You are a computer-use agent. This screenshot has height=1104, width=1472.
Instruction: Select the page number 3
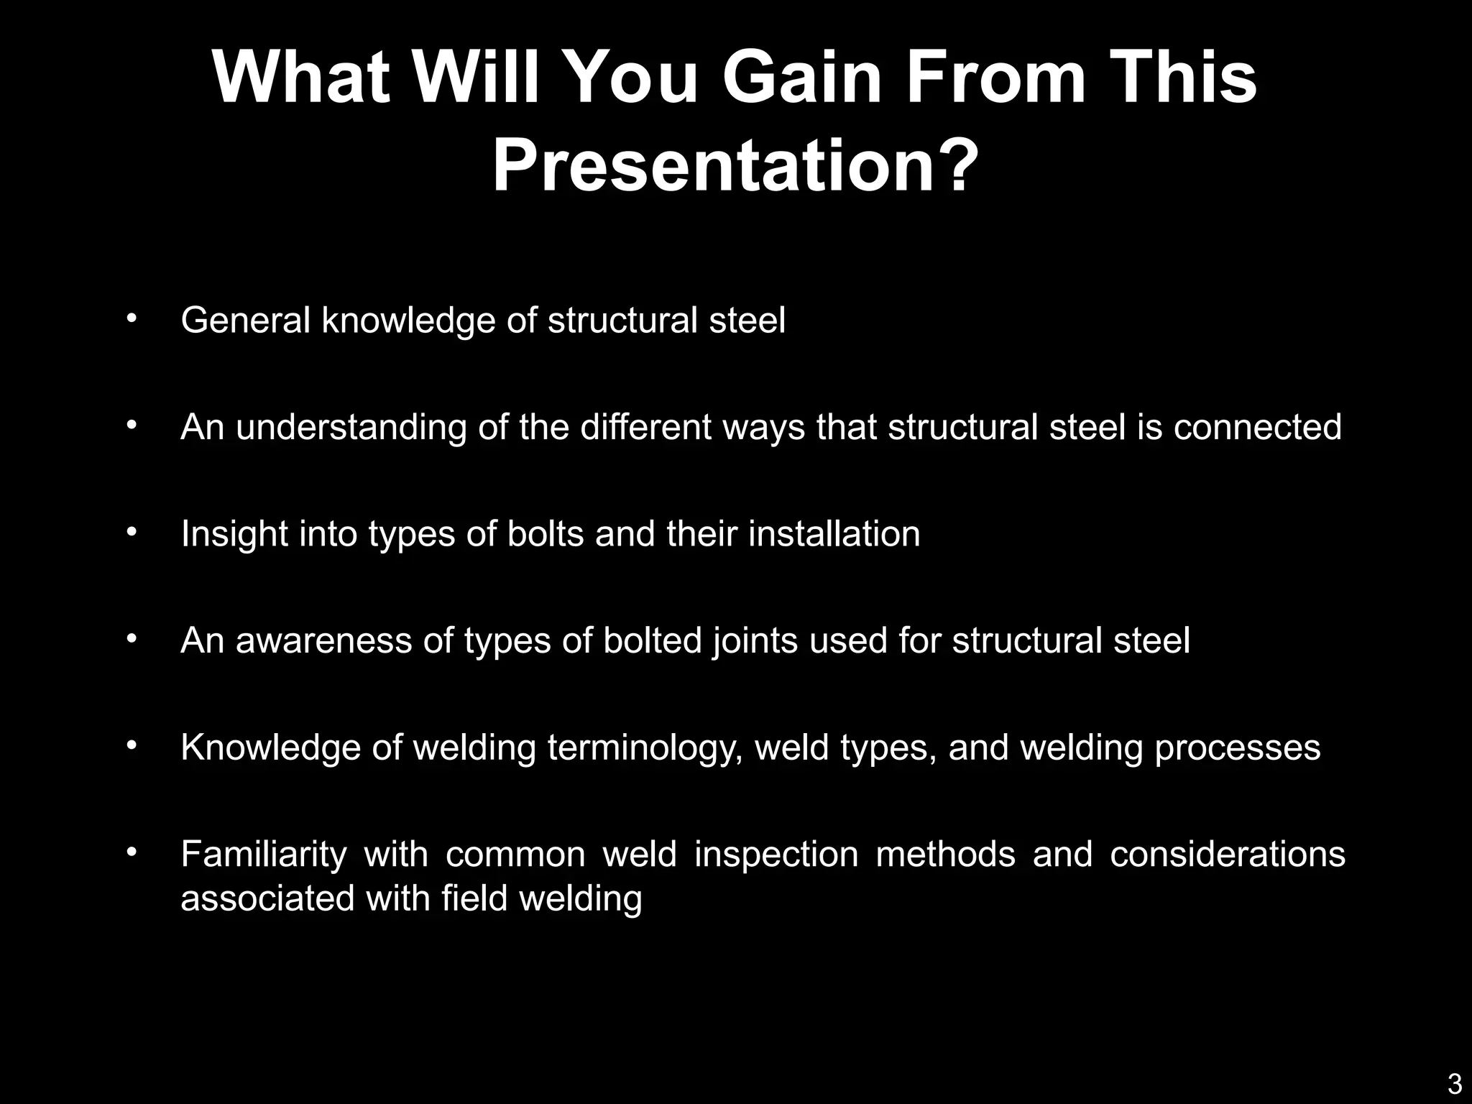[x=1454, y=1083]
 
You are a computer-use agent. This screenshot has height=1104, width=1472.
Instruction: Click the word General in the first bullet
[x=246, y=321]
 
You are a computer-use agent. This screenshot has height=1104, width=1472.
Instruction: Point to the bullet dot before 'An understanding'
[x=131, y=425]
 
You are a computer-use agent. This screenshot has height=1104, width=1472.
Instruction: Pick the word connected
[x=1257, y=427]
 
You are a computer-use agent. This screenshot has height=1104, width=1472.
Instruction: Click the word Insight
[x=234, y=534]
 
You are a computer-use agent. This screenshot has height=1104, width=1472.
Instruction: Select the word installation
[x=834, y=534]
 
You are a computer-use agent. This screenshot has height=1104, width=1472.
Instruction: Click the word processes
[x=1237, y=747]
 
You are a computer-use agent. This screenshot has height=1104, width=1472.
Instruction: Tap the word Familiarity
[x=264, y=855]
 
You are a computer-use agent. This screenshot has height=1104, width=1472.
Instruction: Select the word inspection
[x=776, y=855]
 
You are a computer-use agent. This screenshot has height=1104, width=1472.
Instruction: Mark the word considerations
[x=1227, y=855]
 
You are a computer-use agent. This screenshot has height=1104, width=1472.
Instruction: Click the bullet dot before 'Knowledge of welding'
[x=131, y=745]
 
